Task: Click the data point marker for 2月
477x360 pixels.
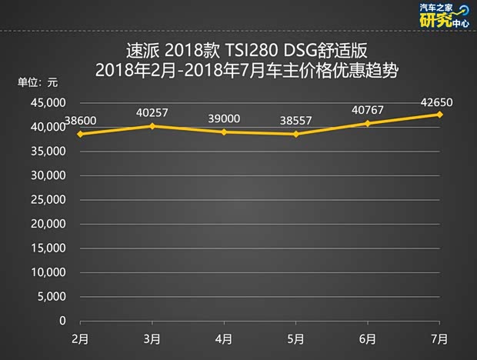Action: (x=80, y=134)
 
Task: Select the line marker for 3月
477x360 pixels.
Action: (x=152, y=125)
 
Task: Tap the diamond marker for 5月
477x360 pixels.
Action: (x=295, y=134)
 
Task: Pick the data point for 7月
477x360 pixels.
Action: (x=439, y=114)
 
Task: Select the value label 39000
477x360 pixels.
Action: (x=224, y=118)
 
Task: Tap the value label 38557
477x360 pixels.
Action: (x=295, y=121)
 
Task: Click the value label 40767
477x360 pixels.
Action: (x=367, y=109)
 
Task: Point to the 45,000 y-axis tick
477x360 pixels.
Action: (x=51, y=103)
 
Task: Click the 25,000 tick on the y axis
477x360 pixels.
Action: (x=51, y=200)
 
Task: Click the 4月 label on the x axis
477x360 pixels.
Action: (x=224, y=338)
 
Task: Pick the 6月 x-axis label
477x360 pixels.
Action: (x=368, y=338)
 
